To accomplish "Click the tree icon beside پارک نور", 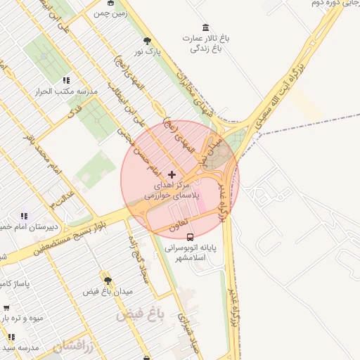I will pyautogui.click(x=147, y=41).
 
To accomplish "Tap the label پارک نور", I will pyautogui.click(x=148, y=52).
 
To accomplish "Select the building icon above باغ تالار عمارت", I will pyautogui.click(x=205, y=27).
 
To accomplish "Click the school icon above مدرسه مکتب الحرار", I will pyautogui.click(x=66, y=80).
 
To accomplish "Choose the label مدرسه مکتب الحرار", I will pyautogui.click(x=67, y=91).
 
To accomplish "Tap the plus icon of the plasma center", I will pyautogui.click(x=172, y=173).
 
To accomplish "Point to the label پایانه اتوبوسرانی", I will pyautogui.click(x=194, y=248).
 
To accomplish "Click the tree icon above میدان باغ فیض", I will pyautogui.click(x=107, y=280).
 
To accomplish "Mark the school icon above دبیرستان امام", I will pyautogui.click(x=24, y=216).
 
